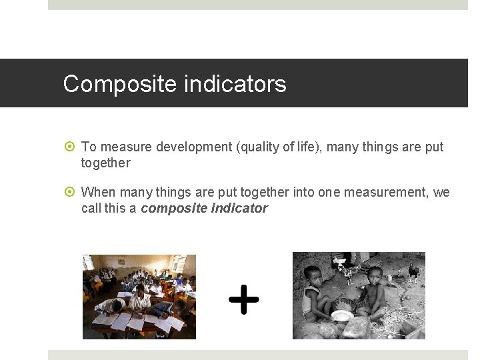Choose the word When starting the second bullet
(x=97, y=193)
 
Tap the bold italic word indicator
(x=239, y=208)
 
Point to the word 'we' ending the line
(x=441, y=193)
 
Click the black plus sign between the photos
(x=243, y=299)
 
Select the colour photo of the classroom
(x=139, y=297)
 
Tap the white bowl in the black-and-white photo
(x=343, y=315)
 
